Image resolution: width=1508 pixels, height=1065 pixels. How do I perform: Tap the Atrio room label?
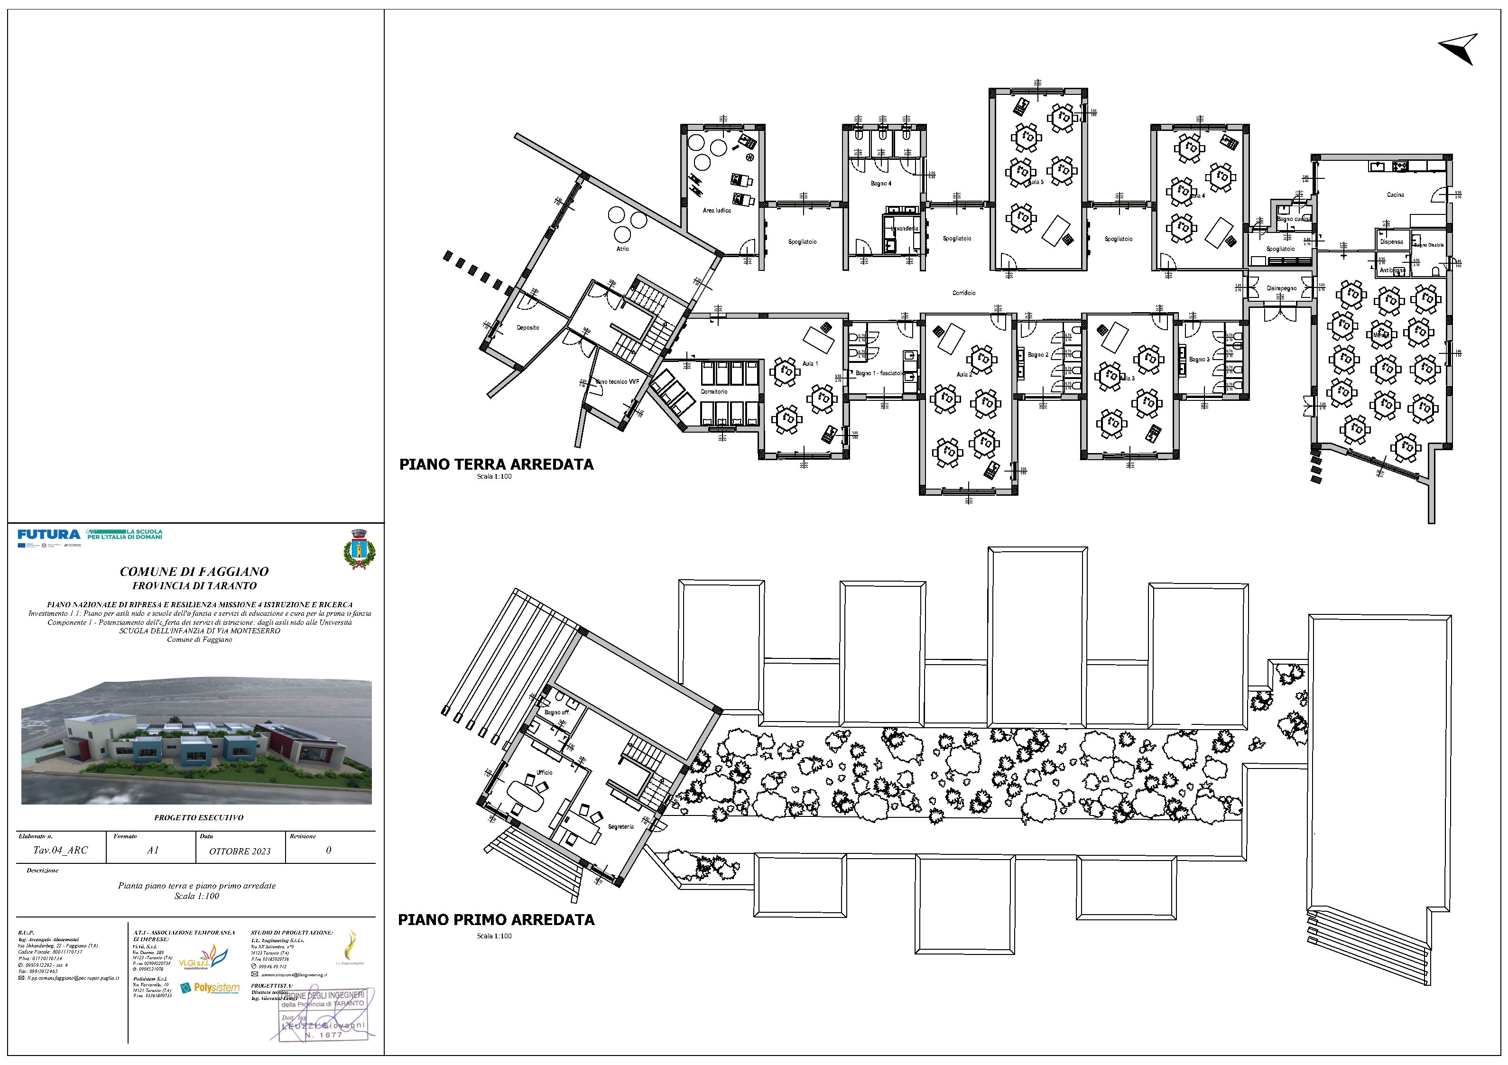(622, 249)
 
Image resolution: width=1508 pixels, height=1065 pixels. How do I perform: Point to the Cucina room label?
(1395, 195)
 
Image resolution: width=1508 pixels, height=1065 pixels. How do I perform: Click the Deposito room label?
(527, 328)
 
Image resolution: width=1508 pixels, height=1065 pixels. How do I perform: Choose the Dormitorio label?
(713, 391)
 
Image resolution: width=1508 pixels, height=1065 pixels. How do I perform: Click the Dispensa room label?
(1391, 242)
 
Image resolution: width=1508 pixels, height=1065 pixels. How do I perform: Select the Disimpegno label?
(1281, 288)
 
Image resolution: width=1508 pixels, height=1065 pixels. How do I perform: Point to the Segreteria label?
(620, 826)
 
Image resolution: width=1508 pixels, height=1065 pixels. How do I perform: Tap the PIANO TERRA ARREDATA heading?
(496, 464)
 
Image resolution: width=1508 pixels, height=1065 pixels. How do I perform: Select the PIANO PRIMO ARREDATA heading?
(496, 920)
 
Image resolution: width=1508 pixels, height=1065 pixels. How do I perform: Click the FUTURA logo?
(48, 535)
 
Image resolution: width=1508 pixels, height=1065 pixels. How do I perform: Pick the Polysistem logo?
(210, 988)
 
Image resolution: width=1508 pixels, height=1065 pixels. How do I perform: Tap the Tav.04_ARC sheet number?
(60, 850)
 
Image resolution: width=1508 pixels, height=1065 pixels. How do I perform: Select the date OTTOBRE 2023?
(240, 852)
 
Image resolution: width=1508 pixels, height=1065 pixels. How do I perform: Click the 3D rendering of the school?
(196, 742)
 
